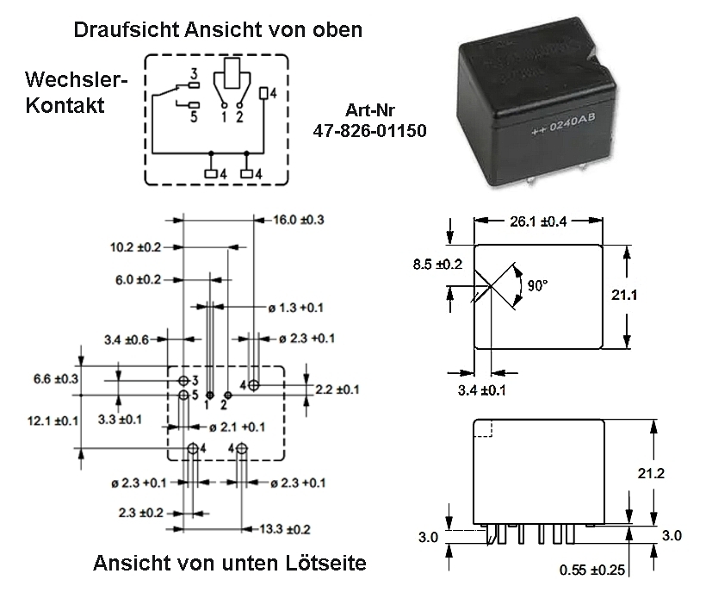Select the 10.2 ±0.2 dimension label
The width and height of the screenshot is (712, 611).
coord(136,247)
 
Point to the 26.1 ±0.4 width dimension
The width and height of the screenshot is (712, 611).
coord(538,222)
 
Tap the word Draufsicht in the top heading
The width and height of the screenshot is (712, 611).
coord(127,29)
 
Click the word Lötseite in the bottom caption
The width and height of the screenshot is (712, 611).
coord(325,564)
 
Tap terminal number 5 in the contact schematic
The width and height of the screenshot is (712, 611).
coord(195,117)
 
